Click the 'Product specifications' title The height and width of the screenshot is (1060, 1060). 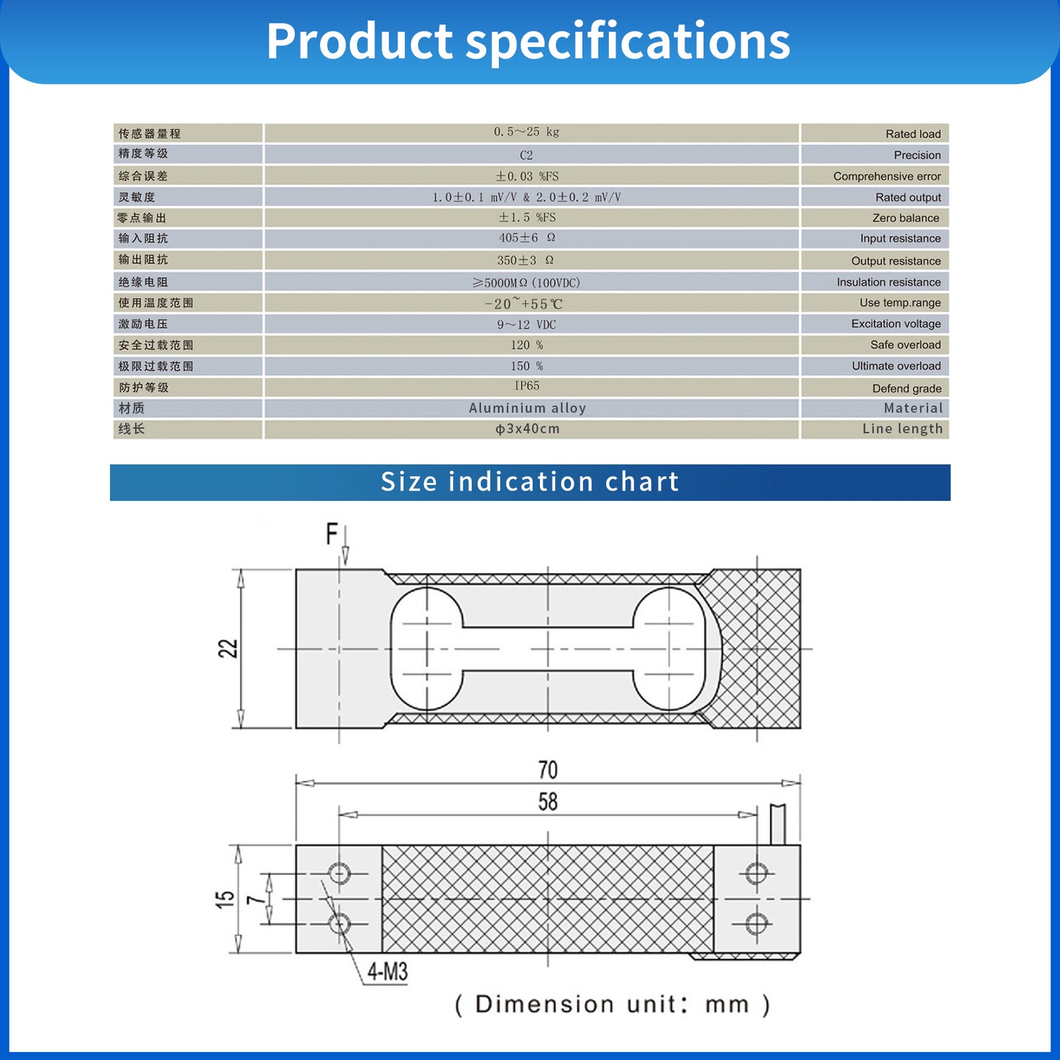(528, 41)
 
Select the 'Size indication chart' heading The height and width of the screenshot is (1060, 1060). (530, 482)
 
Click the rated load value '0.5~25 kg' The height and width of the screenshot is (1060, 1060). (527, 132)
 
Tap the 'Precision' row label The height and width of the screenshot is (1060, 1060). (917, 155)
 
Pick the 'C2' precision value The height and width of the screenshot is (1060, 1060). (527, 155)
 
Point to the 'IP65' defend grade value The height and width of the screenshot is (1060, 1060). (527, 386)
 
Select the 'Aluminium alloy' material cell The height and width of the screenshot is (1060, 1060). (527, 408)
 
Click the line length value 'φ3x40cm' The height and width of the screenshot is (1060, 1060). (527, 429)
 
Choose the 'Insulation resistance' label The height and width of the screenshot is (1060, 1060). (888, 282)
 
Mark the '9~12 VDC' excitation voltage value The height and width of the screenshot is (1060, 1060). (527, 324)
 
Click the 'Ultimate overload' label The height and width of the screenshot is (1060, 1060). (896, 366)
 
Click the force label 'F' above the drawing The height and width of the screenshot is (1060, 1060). (332, 534)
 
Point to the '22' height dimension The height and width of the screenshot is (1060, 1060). (228, 648)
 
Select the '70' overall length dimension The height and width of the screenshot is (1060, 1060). (548, 770)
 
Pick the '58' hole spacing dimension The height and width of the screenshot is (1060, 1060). (548, 802)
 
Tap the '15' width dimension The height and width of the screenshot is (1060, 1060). (225, 899)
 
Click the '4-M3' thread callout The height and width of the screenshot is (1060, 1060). (387, 972)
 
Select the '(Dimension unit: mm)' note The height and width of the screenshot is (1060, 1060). (612, 1004)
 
